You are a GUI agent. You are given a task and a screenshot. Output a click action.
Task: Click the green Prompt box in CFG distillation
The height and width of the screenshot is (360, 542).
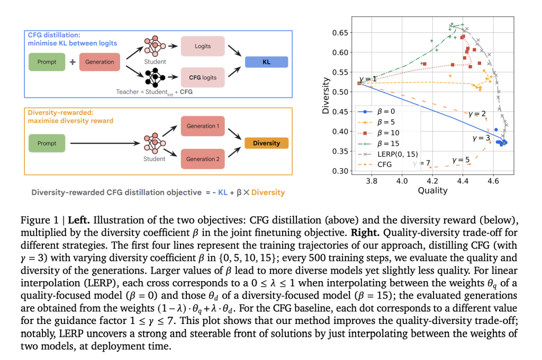coord(47,62)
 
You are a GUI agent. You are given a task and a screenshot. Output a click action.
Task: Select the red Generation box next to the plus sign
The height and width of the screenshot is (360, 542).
coord(100,62)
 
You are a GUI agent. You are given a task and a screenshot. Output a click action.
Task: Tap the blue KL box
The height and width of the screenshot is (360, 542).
coord(267,62)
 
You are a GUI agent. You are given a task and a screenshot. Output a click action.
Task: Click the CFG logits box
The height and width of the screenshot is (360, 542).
coord(203,77)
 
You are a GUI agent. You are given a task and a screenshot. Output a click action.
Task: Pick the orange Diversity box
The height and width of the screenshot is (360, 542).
coord(267,143)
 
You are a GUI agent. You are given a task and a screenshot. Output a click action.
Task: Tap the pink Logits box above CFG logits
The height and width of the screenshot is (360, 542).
coord(203,46)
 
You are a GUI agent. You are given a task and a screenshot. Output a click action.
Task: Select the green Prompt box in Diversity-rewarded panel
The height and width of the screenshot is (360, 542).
coord(47,143)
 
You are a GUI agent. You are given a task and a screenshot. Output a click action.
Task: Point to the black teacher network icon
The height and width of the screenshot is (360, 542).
coord(155,77)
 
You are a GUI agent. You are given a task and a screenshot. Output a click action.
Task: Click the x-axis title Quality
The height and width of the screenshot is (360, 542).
coord(432,191)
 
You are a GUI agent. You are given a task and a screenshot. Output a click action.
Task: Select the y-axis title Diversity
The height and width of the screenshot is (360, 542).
coord(326,96)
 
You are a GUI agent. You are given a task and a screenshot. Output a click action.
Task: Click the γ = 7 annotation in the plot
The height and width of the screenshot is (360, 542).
coord(422,163)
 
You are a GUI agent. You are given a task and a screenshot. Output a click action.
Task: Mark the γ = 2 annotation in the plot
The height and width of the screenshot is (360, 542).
coord(477,114)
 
